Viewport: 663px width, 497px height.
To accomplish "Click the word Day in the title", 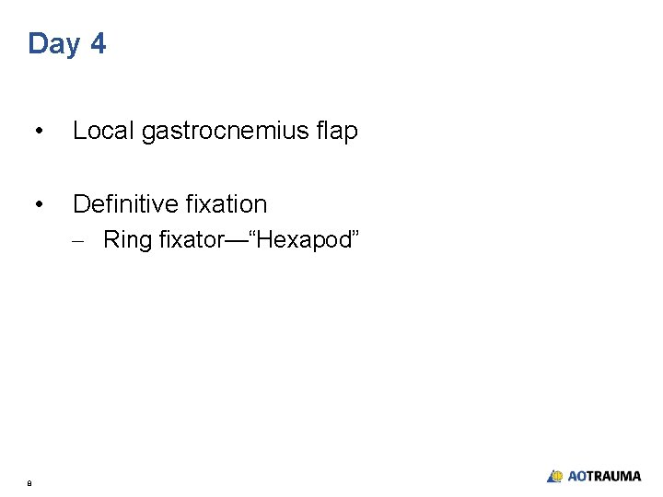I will pos(54,44).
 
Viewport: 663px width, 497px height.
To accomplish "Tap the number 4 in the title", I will pos(98,43).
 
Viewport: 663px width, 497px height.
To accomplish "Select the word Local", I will pos(104,132).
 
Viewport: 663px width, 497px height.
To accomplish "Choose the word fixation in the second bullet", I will pos(236,203).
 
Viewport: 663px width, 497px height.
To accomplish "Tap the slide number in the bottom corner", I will pos(29,481).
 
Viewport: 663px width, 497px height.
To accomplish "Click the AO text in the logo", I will pos(576,476).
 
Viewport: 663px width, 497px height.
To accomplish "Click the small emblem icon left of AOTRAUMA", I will pos(554,476).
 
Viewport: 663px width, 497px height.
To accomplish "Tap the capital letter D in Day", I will pos(38,43).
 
